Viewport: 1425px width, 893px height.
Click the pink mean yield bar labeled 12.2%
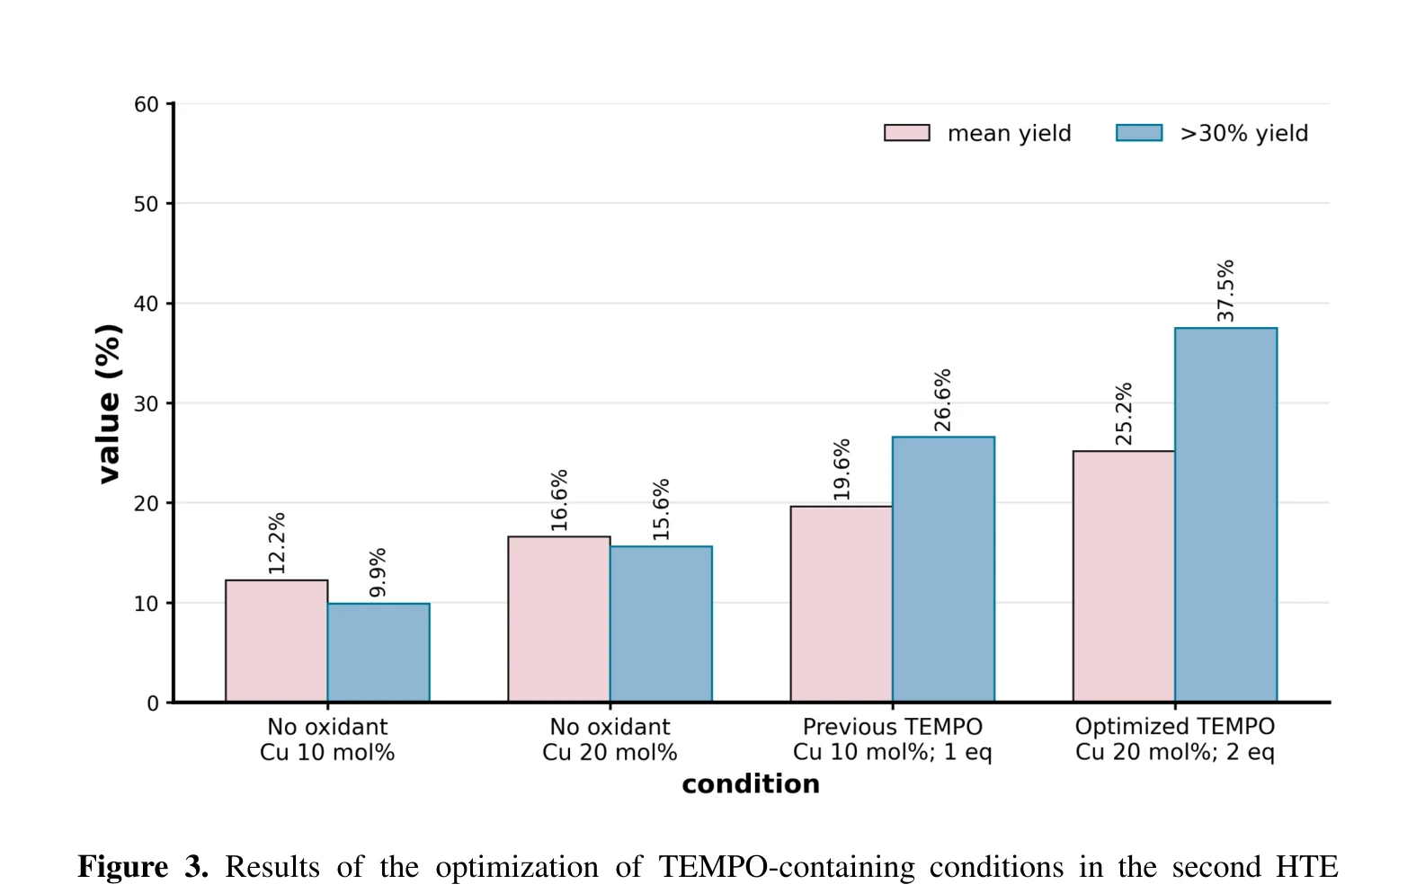tap(277, 641)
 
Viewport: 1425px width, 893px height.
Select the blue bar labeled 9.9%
tap(379, 653)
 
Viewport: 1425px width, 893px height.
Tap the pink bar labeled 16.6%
tap(559, 619)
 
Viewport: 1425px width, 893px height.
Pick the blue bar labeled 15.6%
tap(661, 624)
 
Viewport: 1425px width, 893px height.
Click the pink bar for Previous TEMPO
tap(842, 604)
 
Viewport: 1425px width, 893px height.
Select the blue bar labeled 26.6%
tap(943, 570)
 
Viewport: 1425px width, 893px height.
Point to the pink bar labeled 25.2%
tap(1124, 577)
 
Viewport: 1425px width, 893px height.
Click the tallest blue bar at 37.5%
tap(1226, 515)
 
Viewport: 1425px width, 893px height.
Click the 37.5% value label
tap(1225, 290)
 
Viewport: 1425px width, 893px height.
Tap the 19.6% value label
tap(841, 469)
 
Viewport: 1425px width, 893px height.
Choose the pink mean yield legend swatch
tap(907, 133)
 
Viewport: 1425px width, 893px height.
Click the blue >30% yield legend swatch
tap(1139, 133)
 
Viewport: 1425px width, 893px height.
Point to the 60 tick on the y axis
tap(147, 104)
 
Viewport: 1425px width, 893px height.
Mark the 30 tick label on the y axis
tap(147, 403)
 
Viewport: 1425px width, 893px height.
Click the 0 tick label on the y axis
tap(153, 703)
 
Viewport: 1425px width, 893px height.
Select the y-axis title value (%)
tap(108, 404)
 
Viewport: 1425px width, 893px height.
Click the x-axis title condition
tap(751, 783)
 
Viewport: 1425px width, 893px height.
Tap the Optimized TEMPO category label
tap(1175, 727)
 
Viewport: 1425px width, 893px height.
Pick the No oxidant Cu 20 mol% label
tap(610, 739)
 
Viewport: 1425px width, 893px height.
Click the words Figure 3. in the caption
tap(143, 866)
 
